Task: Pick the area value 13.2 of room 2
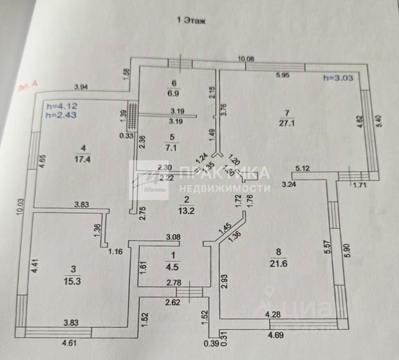(x=185, y=209)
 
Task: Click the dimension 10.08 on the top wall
(x=246, y=59)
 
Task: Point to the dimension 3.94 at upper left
(x=82, y=87)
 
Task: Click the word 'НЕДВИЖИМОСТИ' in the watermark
(x=225, y=188)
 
